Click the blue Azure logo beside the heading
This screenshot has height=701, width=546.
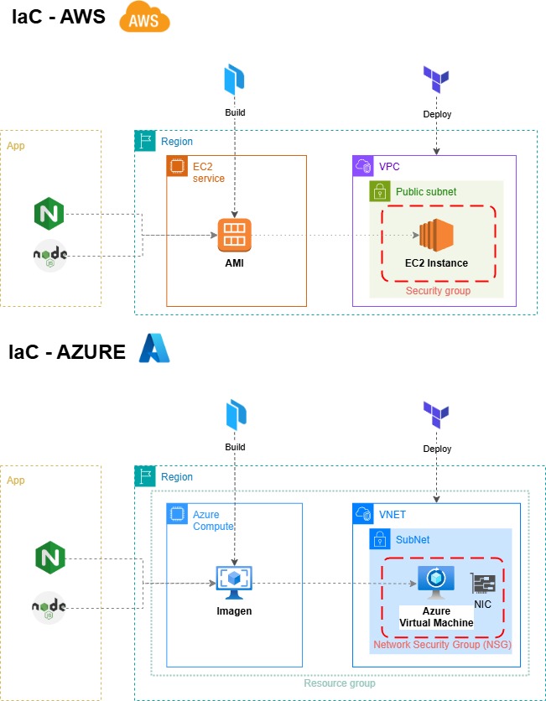(154, 349)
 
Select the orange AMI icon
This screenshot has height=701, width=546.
(235, 235)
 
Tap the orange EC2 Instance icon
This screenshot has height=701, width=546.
(436, 235)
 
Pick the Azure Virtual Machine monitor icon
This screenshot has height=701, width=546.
(436, 583)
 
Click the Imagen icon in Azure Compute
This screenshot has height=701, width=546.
(234, 583)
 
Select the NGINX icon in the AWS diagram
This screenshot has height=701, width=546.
(49, 214)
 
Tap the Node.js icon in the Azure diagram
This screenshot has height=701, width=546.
(49, 607)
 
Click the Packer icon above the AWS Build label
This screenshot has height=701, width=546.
(235, 80)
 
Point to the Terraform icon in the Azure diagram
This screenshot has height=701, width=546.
(436, 415)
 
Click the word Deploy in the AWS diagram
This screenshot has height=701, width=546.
(437, 114)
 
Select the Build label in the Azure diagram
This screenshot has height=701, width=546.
(235, 447)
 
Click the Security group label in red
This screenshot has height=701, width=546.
(439, 291)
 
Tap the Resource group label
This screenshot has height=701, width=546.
(340, 683)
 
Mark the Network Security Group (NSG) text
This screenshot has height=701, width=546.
(442, 645)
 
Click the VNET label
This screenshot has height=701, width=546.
(393, 515)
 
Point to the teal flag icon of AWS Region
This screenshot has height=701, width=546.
(145, 141)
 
